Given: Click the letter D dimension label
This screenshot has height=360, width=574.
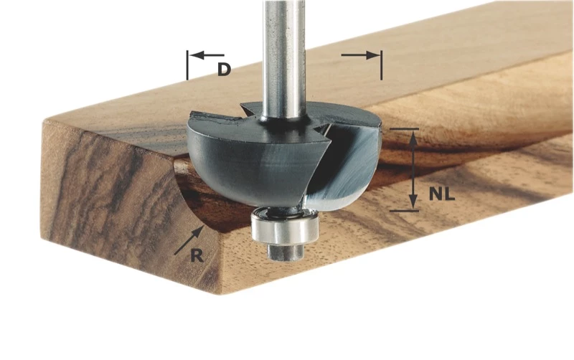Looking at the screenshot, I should [x=224, y=70].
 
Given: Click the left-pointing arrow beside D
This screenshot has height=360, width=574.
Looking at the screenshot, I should [x=208, y=55].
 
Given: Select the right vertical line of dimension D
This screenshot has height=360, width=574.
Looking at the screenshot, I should [x=381, y=65].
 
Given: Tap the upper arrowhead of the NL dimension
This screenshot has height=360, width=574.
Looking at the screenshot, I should [x=413, y=139].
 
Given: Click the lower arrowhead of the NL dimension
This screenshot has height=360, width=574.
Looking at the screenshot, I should [x=413, y=202].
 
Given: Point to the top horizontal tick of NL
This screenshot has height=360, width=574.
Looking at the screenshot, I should [x=404, y=129].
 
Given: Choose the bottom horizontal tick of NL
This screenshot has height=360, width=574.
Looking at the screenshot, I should [x=404, y=210].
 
